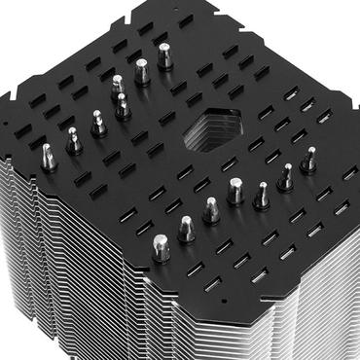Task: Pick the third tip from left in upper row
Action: click(98, 122)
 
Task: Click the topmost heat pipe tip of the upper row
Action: click(165, 54)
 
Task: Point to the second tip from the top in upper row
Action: click(142, 69)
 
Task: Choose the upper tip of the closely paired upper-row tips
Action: click(117, 85)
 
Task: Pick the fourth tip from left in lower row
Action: click(235, 192)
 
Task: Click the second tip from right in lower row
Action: click(286, 176)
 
